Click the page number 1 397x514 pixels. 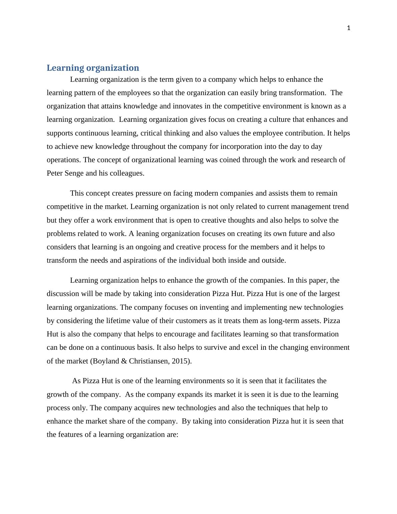coord(349,28)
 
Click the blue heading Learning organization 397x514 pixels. coord(93,68)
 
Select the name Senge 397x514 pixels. coord(74,173)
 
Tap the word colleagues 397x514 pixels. coord(128,173)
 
